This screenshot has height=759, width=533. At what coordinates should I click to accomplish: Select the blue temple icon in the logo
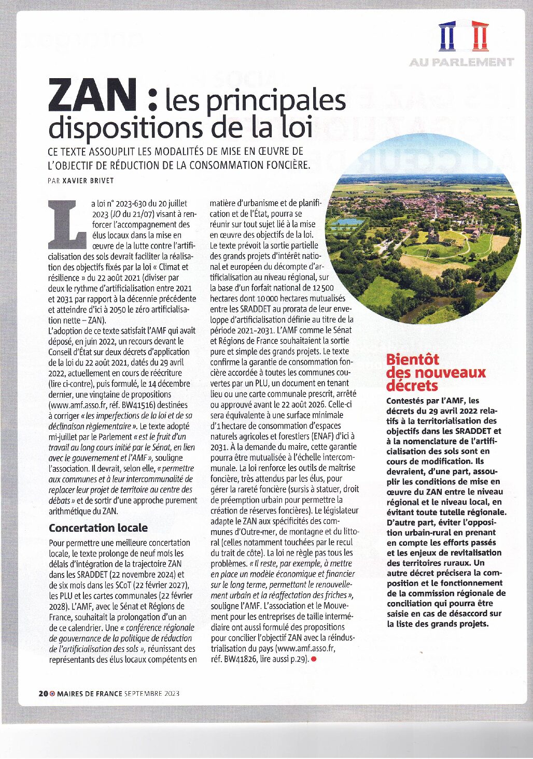[447, 36]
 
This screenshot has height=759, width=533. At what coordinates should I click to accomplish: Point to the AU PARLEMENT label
[461, 62]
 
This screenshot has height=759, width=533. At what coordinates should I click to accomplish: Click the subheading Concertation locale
[98, 528]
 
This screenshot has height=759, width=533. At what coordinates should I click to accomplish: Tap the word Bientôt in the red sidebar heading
[413, 359]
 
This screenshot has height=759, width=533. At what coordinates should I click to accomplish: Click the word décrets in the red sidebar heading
[412, 386]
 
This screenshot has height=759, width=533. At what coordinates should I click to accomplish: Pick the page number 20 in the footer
[43, 694]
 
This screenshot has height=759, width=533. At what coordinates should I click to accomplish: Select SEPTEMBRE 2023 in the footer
[152, 694]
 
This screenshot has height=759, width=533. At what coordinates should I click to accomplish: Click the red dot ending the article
[314, 659]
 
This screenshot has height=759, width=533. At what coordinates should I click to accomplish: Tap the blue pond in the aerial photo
[347, 222]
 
